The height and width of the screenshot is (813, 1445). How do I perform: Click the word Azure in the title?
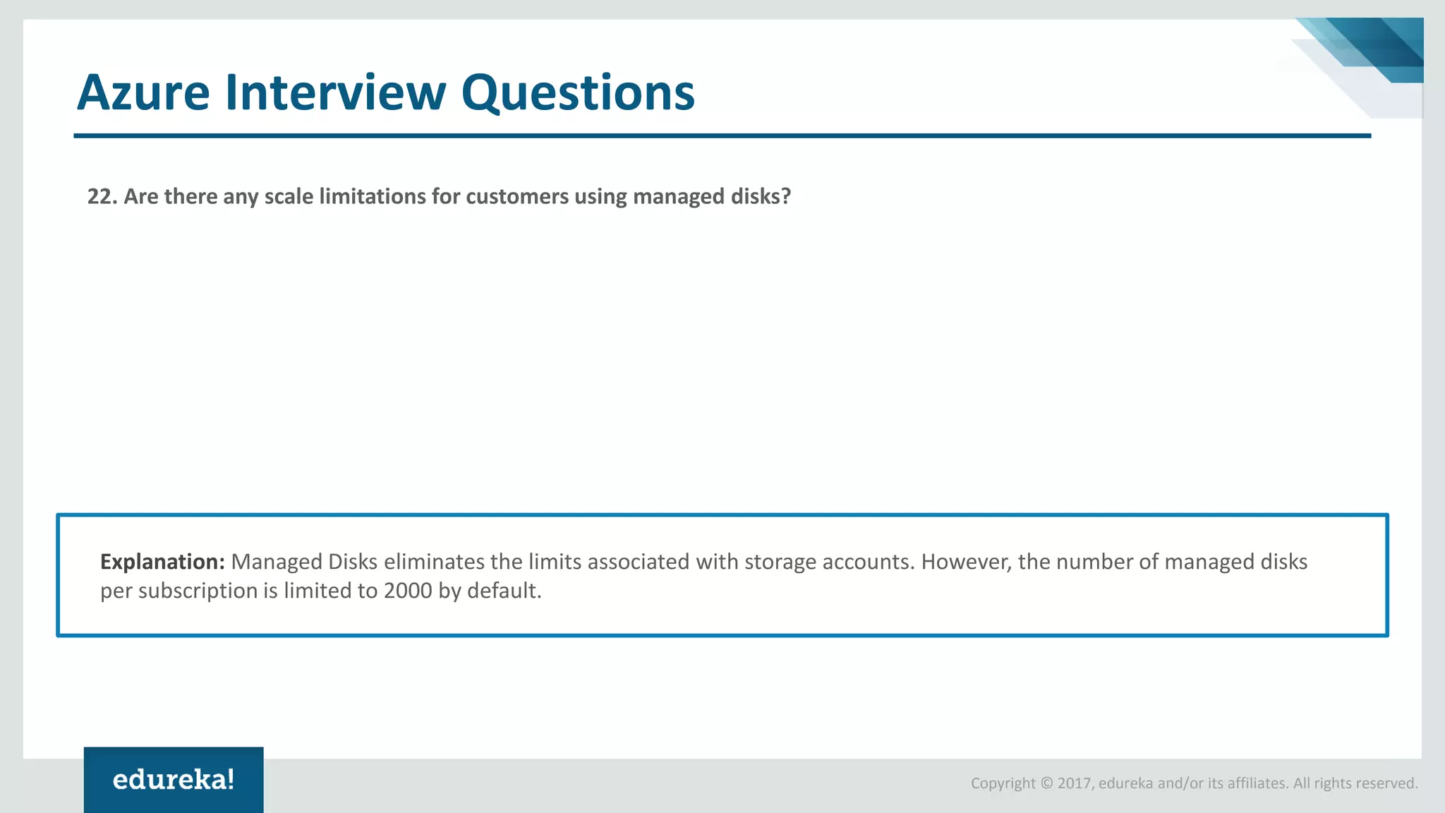[x=143, y=92]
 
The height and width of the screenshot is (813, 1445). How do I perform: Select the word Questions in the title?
[x=578, y=94]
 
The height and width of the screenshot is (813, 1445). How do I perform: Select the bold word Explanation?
[x=162, y=562]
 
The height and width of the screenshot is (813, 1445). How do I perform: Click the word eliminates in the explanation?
[x=434, y=562]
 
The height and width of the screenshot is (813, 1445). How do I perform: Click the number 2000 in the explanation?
[x=408, y=591]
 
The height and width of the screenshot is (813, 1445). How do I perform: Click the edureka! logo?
[x=174, y=780]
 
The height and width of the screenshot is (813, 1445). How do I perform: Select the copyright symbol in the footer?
[x=1046, y=783]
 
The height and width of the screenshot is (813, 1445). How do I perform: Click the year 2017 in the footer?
[x=1074, y=783]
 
